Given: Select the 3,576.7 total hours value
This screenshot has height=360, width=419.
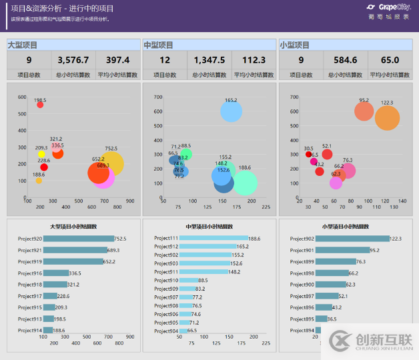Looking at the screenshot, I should pyautogui.click(x=73, y=60).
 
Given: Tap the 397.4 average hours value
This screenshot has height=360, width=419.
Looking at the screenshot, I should pyautogui.click(x=117, y=60).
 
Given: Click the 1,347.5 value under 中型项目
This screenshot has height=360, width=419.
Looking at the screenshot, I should pyautogui.click(x=209, y=60).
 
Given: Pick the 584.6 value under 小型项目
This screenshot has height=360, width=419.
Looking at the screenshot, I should pyautogui.click(x=345, y=60).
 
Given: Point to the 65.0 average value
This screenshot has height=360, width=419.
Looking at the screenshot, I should pyautogui.click(x=390, y=60).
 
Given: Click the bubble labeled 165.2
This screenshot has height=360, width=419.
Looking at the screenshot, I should pyautogui.click(x=231, y=111).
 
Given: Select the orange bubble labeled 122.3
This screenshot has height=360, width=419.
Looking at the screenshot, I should pyautogui.click(x=387, y=117).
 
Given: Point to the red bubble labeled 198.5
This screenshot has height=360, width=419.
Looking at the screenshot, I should pyautogui.click(x=40, y=105).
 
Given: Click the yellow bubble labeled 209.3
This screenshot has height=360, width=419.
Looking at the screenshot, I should pyautogui.click(x=41, y=154).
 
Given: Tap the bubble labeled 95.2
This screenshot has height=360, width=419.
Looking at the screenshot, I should pyautogui.click(x=364, y=111).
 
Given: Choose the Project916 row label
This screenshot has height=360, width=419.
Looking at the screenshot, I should pyautogui.click(x=30, y=273).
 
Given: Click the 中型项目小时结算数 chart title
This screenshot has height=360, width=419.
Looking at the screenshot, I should pyautogui.click(x=209, y=227).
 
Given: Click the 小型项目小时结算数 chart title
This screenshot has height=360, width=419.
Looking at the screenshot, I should pyautogui.click(x=345, y=227).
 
